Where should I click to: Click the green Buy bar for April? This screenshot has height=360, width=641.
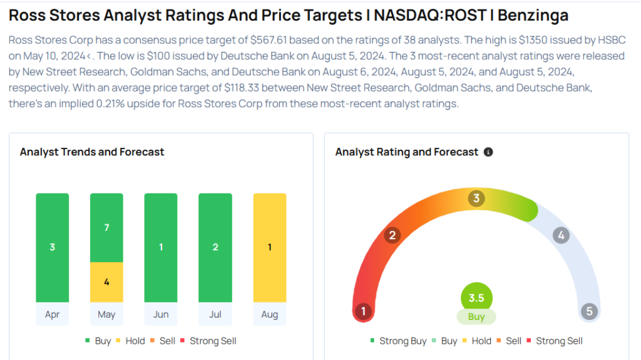pyautogui.click(x=53, y=247)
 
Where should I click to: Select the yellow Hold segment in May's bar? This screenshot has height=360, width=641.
pyautogui.click(x=106, y=282)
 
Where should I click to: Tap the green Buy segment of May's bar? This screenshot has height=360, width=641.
pyautogui.click(x=106, y=227)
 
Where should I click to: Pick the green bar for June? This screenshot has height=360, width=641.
pyautogui.click(x=161, y=247)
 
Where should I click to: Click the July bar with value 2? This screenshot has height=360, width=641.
pyautogui.click(x=215, y=247)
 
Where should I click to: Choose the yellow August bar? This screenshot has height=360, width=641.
pyautogui.click(x=270, y=247)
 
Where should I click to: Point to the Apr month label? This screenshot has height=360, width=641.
pyautogui.click(x=53, y=314)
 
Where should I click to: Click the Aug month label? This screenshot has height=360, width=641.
pyautogui.click(x=270, y=314)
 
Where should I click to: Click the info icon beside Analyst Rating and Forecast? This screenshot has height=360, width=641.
pyautogui.click(x=488, y=152)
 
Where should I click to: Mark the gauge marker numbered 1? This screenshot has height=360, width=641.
pyautogui.click(x=362, y=311)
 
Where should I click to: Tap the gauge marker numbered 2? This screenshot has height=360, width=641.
pyautogui.click(x=392, y=235)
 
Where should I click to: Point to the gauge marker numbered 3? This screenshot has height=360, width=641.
pyautogui.click(x=476, y=199)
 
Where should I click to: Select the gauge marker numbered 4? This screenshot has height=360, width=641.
pyautogui.click(x=561, y=235)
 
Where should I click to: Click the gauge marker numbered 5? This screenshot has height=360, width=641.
pyautogui.click(x=589, y=311)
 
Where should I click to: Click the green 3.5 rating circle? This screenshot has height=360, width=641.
pyautogui.click(x=476, y=298)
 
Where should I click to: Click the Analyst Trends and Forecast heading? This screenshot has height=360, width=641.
pyautogui.click(x=92, y=152)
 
